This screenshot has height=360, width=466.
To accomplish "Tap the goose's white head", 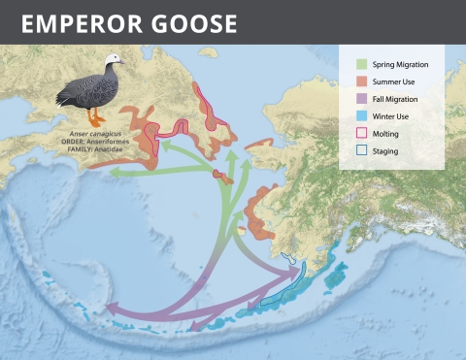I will [x=111, y=64].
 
